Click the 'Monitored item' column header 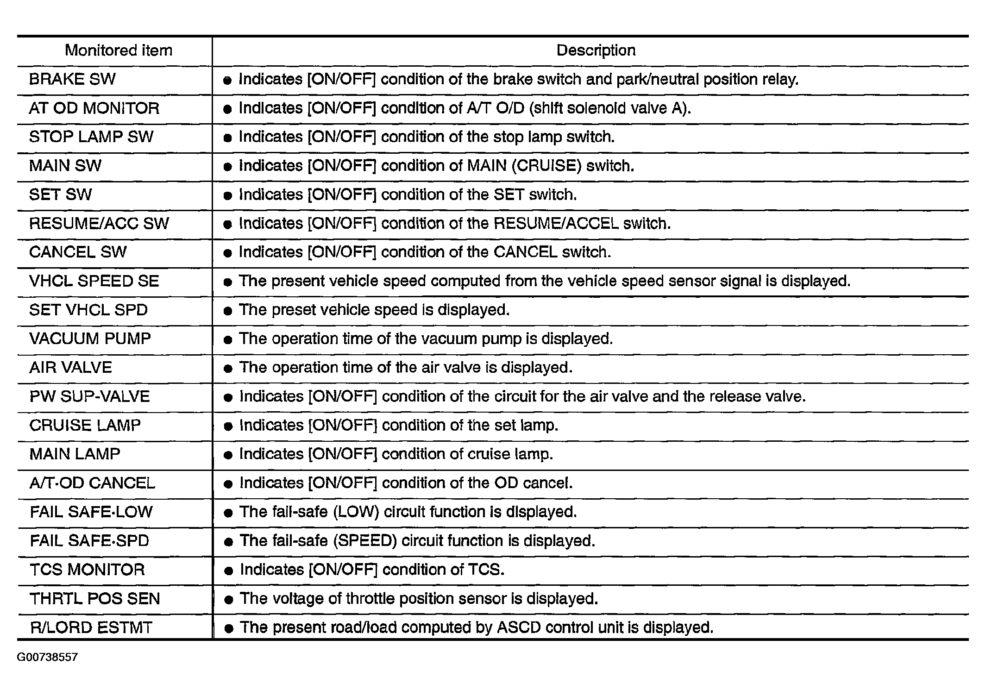pyautogui.click(x=118, y=50)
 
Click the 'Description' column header pyautogui.click(x=596, y=50)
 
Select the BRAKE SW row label pyautogui.click(x=72, y=80)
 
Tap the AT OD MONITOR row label pyautogui.click(x=94, y=108)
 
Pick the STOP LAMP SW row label pyautogui.click(x=91, y=137)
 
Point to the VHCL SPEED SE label pyautogui.click(x=94, y=281)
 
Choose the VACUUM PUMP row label pyautogui.click(x=90, y=339)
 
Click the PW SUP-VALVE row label pyautogui.click(x=89, y=397)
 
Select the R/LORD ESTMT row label pyautogui.click(x=91, y=628)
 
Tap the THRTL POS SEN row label pyautogui.click(x=94, y=599)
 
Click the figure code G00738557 pyautogui.click(x=47, y=658)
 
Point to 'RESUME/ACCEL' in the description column pyautogui.click(x=556, y=224)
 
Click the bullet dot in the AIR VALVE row pyautogui.click(x=227, y=369)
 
